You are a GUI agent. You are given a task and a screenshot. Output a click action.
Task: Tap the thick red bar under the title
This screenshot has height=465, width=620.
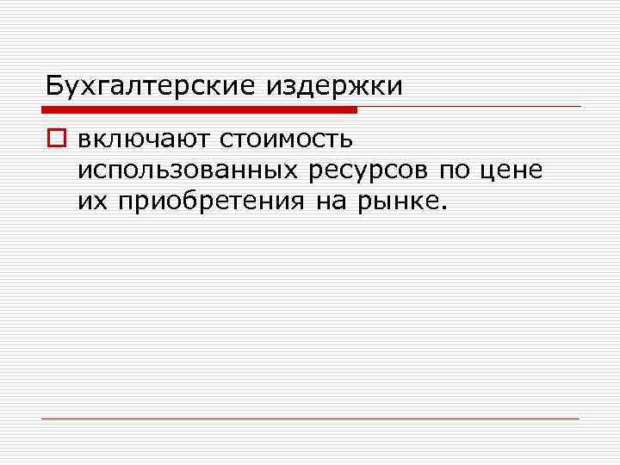pos(199,109)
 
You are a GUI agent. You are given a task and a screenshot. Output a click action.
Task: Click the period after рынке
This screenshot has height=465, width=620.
pos(444,208)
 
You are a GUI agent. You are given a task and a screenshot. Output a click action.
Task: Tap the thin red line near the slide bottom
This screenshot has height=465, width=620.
pos(310,418)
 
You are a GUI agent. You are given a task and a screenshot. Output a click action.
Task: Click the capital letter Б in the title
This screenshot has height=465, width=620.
pos(54,86)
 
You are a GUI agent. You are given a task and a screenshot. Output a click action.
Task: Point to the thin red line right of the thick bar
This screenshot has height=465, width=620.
pos(469,107)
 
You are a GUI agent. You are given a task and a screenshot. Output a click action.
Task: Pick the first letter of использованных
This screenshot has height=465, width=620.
pos(84,170)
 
